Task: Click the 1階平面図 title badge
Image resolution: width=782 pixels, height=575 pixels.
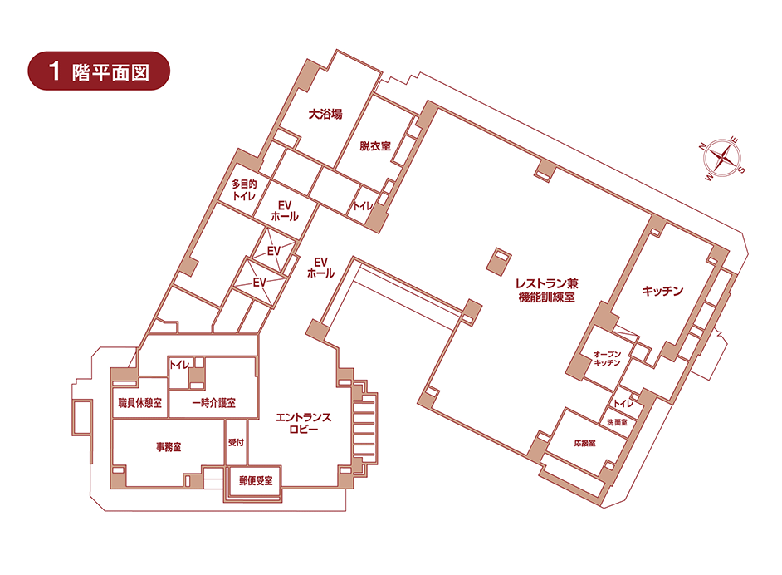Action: tap(99, 71)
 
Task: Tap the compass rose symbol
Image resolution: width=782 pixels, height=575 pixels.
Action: tap(722, 158)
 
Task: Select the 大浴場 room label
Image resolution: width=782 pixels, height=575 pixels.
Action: tap(325, 114)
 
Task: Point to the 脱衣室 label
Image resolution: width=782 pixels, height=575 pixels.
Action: tap(375, 146)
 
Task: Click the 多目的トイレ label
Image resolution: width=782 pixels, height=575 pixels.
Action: tap(244, 190)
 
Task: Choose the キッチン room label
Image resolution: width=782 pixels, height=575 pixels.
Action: tap(662, 291)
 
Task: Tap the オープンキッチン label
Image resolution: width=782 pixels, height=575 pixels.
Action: tap(607, 358)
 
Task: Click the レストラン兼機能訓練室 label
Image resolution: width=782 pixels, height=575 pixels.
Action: tap(546, 291)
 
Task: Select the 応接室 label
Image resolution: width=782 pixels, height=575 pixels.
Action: tap(584, 443)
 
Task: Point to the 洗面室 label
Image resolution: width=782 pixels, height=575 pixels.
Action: tap(617, 422)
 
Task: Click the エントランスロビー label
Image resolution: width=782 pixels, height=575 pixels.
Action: tap(303, 423)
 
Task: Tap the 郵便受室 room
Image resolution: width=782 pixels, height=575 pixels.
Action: tap(255, 481)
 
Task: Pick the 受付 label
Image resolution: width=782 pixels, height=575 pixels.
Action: tap(236, 442)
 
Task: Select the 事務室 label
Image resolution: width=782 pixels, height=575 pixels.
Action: tap(169, 447)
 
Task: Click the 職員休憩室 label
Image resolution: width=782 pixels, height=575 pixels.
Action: tap(140, 403)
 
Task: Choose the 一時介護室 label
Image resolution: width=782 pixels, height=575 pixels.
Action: tap(213, 403)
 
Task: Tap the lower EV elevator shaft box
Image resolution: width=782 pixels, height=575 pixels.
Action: tap(259, 282)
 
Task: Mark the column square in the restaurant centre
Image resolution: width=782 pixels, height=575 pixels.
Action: tap(499, 261)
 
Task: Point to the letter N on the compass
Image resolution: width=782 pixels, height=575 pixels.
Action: tap(702, 146)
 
